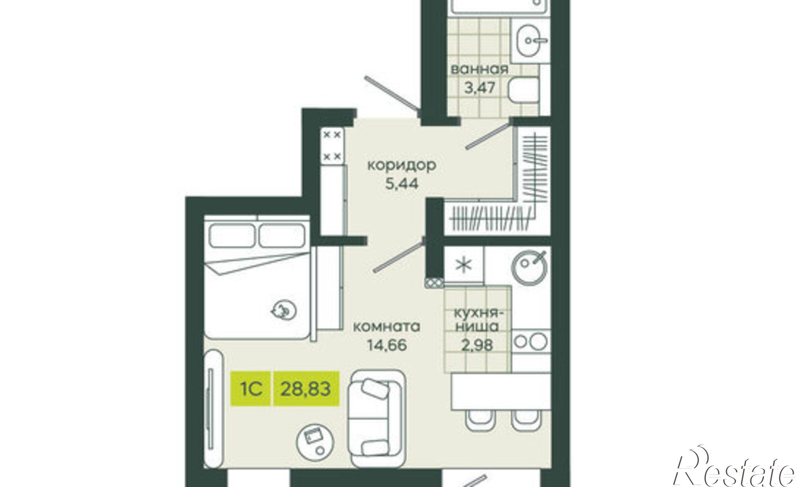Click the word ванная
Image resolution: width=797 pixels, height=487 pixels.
click(x=479, y=69)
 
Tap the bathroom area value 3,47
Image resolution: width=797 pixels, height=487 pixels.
click(x=479, y=87)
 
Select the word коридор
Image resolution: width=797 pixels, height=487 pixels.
click(x=402, y=165)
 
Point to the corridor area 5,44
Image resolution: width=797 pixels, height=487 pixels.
click(x=402, y=184)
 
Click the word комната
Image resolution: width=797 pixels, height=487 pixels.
click(x=387, y=327)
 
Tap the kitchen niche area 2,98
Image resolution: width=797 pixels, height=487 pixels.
click(x=477, y=345)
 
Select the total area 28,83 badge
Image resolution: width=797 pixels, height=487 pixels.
click(x=306, y=388)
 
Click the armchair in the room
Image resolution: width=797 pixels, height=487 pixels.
click(x=376, y=416)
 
